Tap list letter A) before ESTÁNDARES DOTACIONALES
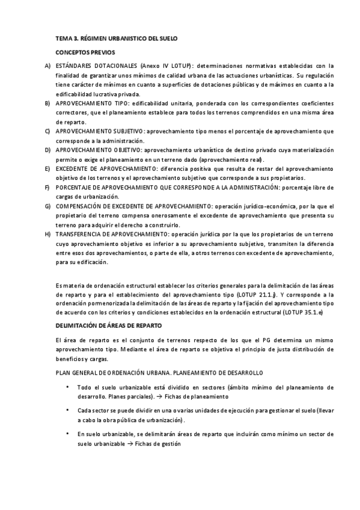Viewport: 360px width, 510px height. [x=47, y=66]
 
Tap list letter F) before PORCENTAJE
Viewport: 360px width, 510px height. [x=47, y=187]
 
